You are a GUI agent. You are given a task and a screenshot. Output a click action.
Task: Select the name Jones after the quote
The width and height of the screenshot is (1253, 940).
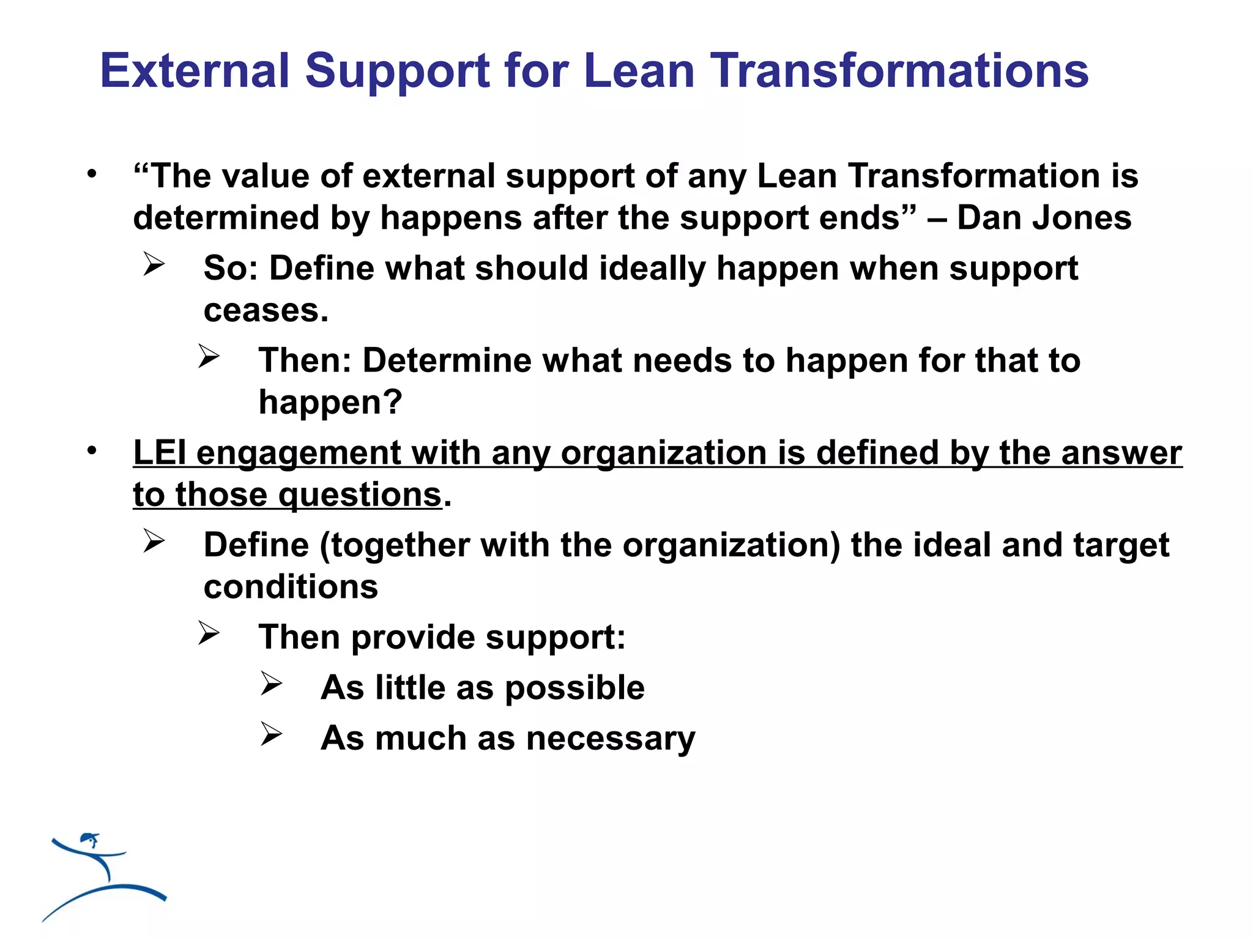point(1082,218)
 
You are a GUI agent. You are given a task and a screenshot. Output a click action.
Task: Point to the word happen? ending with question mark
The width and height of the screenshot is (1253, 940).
point(330,403)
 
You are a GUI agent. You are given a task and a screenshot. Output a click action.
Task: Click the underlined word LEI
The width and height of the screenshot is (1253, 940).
point(159,453)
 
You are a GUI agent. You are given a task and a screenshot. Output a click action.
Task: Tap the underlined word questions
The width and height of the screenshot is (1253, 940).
point(360,495)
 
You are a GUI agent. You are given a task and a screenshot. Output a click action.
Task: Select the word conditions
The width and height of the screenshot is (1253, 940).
point(291,587)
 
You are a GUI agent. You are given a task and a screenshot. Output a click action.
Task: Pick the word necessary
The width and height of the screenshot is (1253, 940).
point(611,739)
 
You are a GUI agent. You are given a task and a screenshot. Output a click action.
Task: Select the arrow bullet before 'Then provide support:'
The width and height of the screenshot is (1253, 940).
point(209,633)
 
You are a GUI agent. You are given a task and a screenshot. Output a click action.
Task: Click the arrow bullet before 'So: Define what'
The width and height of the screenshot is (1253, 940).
point(154,264)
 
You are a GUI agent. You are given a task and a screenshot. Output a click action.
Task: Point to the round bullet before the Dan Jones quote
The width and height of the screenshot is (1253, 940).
point(92,174)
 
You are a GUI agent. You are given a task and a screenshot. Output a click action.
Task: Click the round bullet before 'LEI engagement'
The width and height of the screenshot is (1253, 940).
point(92,451)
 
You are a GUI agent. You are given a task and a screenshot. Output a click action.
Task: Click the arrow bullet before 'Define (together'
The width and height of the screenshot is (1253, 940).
point(154,541)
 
